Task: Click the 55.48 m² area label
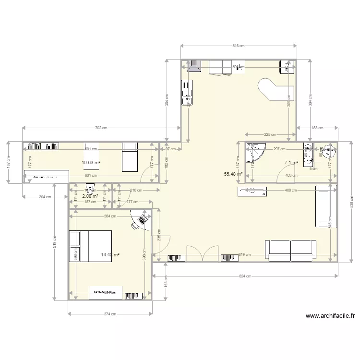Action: click(233, 174)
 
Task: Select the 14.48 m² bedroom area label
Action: click(110, 255)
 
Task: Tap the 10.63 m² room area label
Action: click(91, 163)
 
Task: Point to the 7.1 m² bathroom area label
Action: click(291, 163)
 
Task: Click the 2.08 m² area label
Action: click(90, 196)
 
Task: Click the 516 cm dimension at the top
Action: click(238, 46)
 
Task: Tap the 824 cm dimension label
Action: click(245, 276)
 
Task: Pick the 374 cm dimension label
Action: click(110, 314)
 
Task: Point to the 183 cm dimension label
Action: click(317, 128)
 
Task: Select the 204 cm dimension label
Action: click(45, 197)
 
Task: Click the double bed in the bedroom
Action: click(91, 246)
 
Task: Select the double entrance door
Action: click(203, 254)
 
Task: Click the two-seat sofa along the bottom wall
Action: click(290, 250)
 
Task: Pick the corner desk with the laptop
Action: click(141, 220)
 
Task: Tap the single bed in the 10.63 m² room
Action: click(130, 156)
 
